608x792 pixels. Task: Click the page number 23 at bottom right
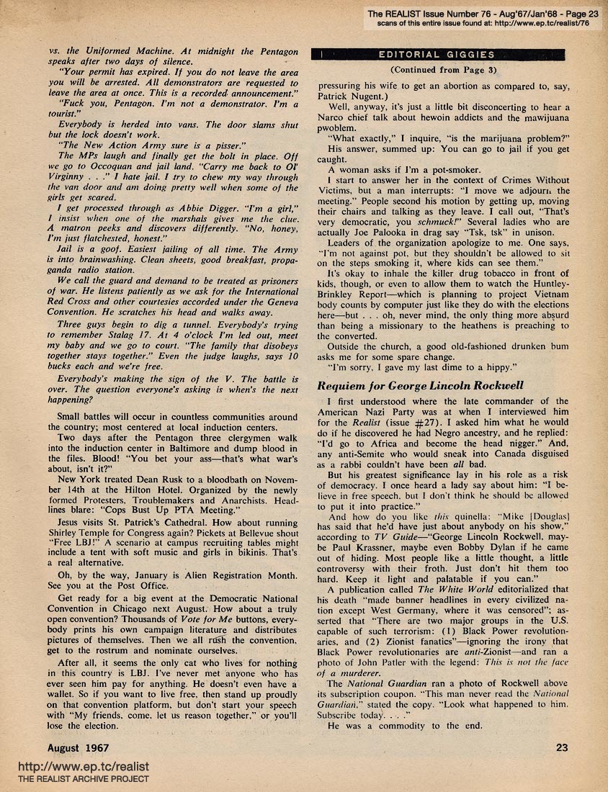pos(562,747)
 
